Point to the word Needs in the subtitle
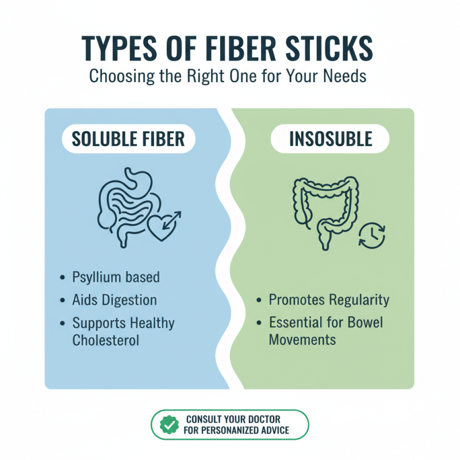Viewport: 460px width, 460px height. [345, 76]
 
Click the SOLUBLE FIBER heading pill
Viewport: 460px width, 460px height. [128, 139]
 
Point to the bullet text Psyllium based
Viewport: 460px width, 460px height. [116, 277]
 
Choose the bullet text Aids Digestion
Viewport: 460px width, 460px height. [114, 300]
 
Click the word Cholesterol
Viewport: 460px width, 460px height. [106, 340]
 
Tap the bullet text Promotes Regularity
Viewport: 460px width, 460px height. [329, 300]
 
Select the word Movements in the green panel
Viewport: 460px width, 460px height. [302, 340]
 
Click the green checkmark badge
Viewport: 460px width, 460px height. [169, 425]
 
